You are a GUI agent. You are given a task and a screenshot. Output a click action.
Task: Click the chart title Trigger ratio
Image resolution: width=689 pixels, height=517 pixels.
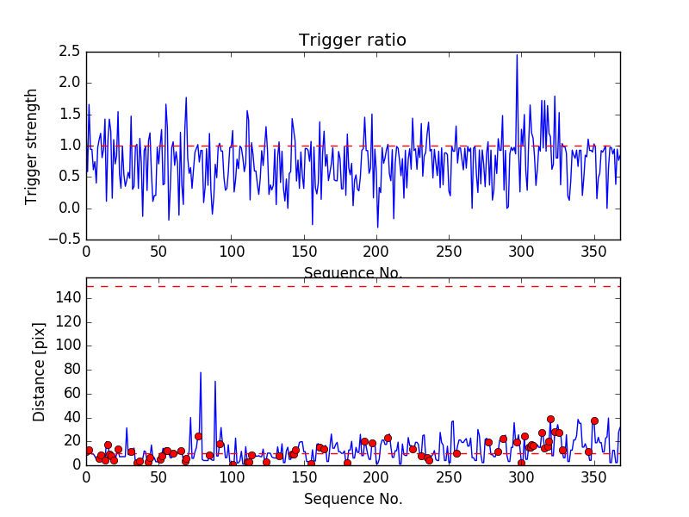tap(352, 40)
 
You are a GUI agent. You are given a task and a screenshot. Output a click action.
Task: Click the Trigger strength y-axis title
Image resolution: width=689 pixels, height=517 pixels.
tap(32, 146)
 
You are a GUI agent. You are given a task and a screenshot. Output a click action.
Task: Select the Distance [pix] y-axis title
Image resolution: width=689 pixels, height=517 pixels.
tap(40, 371)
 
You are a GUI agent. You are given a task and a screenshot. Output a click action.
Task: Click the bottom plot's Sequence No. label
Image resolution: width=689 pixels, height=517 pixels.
tap(352, 499)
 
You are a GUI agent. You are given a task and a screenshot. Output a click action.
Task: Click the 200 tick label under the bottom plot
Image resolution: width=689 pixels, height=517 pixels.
tap(376, 478)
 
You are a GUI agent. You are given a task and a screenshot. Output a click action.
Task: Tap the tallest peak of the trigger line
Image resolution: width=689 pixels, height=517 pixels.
tap(517, 55)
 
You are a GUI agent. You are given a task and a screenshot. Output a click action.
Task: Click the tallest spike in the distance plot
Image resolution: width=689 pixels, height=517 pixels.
tap(201, 372)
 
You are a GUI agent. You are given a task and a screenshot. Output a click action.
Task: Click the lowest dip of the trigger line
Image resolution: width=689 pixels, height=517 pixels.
tap(377, 227)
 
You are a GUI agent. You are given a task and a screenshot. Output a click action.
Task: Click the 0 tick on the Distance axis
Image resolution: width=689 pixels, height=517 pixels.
tap(77, 464)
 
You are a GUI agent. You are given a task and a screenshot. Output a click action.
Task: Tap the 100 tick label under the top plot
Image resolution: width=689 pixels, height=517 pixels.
tap(231, 253)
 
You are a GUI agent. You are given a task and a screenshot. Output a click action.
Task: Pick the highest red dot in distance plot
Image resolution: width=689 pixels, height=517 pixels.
tap(550, 419)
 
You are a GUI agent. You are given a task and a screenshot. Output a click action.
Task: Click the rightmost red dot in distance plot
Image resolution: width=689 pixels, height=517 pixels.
tap(594, 421)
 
